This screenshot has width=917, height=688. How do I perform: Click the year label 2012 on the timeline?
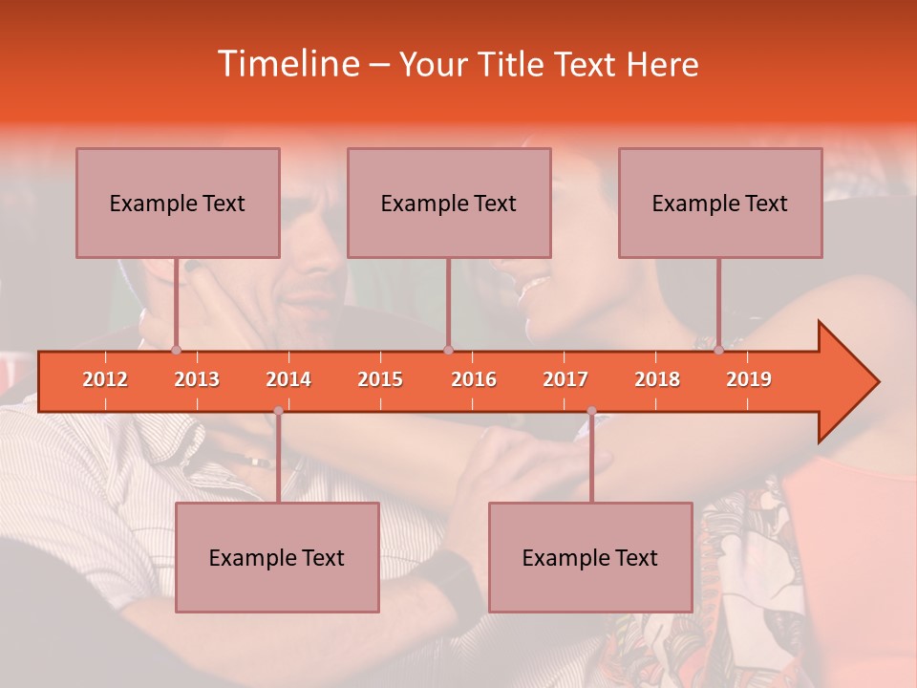point(105,379)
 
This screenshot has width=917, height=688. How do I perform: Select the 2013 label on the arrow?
point(197,379)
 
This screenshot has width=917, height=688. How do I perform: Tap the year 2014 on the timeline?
point(288,379)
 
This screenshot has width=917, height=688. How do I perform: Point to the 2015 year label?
point(380,379)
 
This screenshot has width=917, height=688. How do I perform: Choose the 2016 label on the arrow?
point(474,379)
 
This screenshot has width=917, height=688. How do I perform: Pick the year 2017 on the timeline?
point(565,379)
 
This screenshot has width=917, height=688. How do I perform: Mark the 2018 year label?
point(657,379)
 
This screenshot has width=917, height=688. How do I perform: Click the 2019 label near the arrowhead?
point(749,379)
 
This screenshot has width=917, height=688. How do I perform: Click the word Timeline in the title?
point(287,64)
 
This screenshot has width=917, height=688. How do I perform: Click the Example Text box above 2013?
point(178,204)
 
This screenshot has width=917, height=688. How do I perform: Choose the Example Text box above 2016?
point(449,204)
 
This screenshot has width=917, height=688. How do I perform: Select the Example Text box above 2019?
point(720,204)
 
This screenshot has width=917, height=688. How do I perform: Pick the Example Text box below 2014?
point(277,558)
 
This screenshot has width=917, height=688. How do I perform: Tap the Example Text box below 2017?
point(590,558)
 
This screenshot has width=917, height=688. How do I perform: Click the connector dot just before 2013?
point(176,350)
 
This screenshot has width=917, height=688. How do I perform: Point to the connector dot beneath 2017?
point(591,411)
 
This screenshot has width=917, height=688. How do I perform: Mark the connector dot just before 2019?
point(718,350)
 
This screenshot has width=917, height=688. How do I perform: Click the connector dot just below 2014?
point(278,411)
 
